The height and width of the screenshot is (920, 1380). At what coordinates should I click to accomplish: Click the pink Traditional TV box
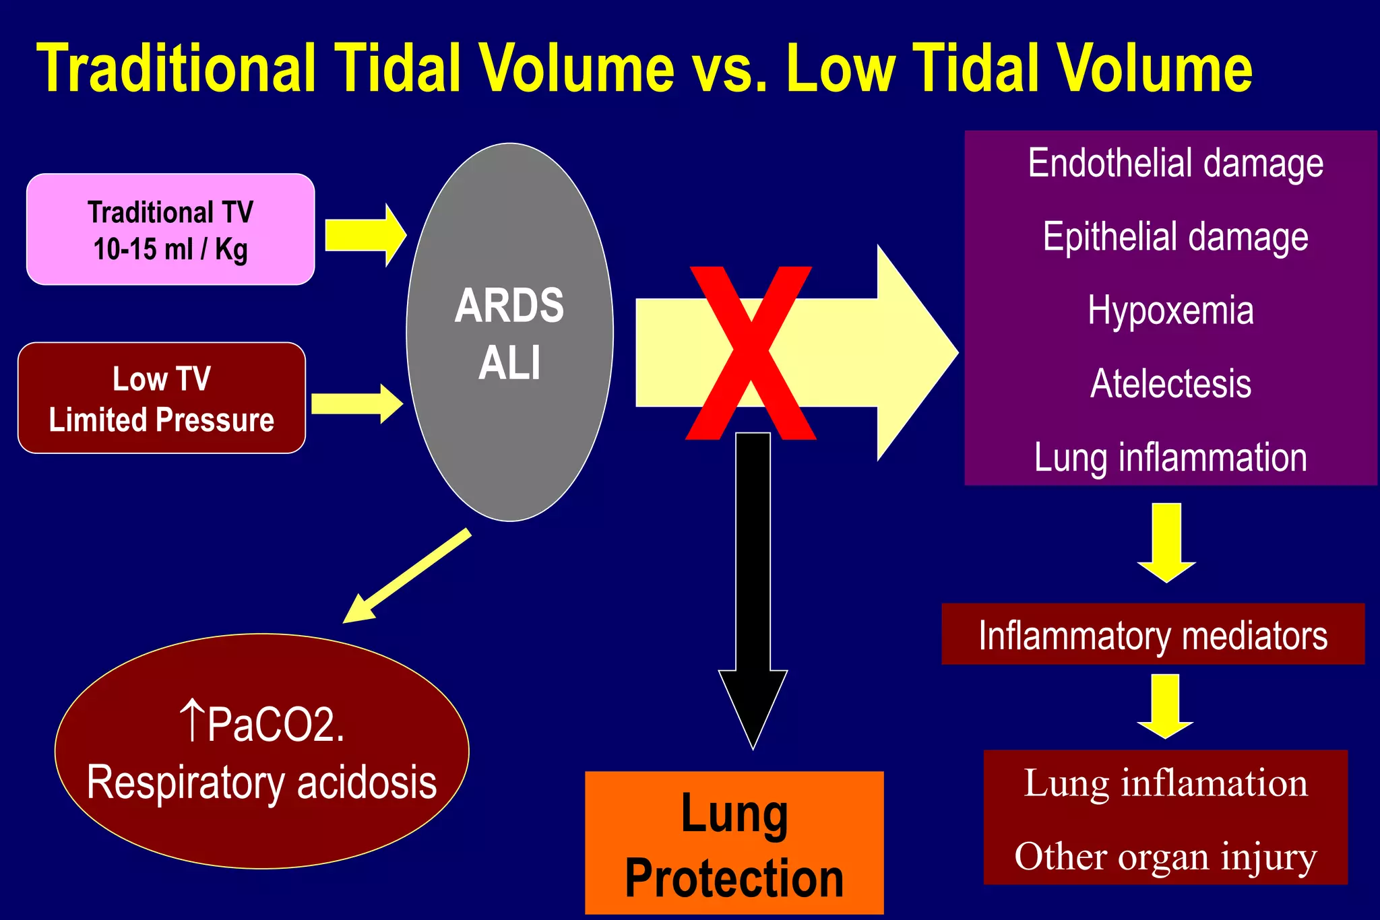(170, 230)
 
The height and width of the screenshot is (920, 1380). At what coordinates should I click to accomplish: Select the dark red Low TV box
(161, 398)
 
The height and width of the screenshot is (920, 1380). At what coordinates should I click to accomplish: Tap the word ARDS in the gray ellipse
(509, 306)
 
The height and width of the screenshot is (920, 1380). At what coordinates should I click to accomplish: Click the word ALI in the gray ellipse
(509, 363)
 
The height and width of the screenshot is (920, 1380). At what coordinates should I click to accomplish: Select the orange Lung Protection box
(734, 843)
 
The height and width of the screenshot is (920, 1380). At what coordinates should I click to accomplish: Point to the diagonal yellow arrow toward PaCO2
(408, 575)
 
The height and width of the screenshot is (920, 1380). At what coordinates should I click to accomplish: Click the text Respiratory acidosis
(261, 783)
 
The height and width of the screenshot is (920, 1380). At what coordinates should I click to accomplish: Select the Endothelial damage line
(1175, 164)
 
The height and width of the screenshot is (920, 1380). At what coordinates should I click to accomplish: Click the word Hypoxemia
(1170, 310)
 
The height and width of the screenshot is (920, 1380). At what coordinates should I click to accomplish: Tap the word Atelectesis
(1170, 384)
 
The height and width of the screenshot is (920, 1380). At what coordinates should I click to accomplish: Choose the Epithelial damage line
(1175, 237)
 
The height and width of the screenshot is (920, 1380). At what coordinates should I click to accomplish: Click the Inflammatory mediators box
(1152, 635)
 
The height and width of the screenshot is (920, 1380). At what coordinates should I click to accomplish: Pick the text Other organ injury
(1165, 857)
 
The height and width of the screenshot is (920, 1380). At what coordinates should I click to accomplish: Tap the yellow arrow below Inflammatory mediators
(1165, 706)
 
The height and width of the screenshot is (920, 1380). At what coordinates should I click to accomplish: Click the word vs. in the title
(730, 69)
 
